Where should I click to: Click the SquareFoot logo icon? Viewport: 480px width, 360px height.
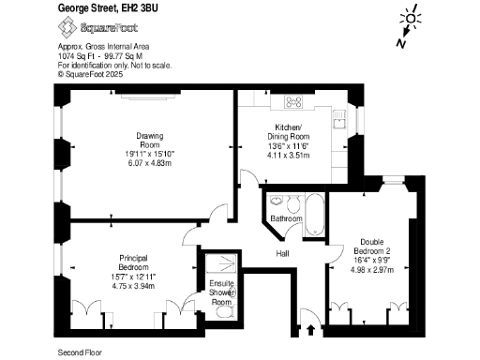click(66, 28)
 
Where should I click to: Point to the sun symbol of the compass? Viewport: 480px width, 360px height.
click(409, 20)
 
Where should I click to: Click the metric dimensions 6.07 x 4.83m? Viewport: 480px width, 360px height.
click(150, 162)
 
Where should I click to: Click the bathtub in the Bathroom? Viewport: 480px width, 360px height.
click(315, 213)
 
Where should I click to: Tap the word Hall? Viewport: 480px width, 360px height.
click(282, 254)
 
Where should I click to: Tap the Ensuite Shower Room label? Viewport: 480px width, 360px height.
click(221, 292)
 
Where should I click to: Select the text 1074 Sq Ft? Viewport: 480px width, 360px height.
click(69, 54)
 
